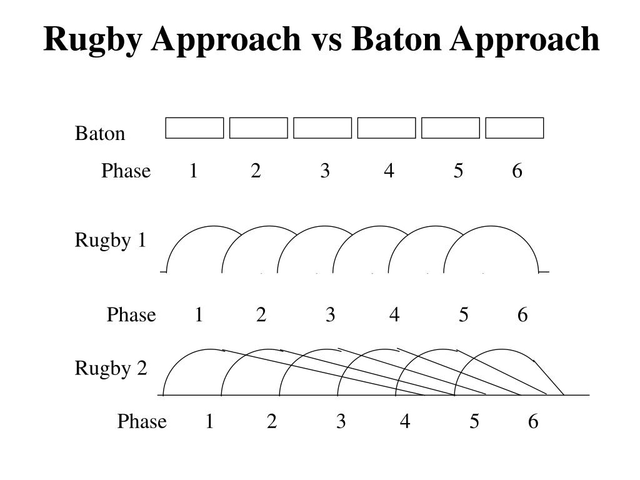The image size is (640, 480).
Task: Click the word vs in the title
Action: point(328,40)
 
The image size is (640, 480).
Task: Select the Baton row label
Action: point(100,134)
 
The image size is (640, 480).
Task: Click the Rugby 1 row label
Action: point(111,240)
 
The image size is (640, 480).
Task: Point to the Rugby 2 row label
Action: point(111,368)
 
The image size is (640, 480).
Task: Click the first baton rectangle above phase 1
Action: point(194,127)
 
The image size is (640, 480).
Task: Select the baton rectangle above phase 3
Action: point(322,127)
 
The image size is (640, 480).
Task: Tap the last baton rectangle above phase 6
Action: point(514,127)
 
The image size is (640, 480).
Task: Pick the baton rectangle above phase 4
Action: point(386,127)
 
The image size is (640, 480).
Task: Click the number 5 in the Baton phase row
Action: point(459,171)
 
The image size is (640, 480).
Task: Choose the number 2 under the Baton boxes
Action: point(256,171)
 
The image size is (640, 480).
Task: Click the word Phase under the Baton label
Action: point(126,171)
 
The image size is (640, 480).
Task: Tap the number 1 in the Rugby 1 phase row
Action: point(199,314)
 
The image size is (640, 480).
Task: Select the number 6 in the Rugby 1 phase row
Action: point(522,314)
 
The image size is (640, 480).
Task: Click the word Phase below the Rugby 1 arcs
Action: point(131,314)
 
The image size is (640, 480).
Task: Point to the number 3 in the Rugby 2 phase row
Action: point(341,422)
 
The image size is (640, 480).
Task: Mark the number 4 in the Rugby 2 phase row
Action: point(405,422)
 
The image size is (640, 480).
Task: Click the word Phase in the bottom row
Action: point(142,422)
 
